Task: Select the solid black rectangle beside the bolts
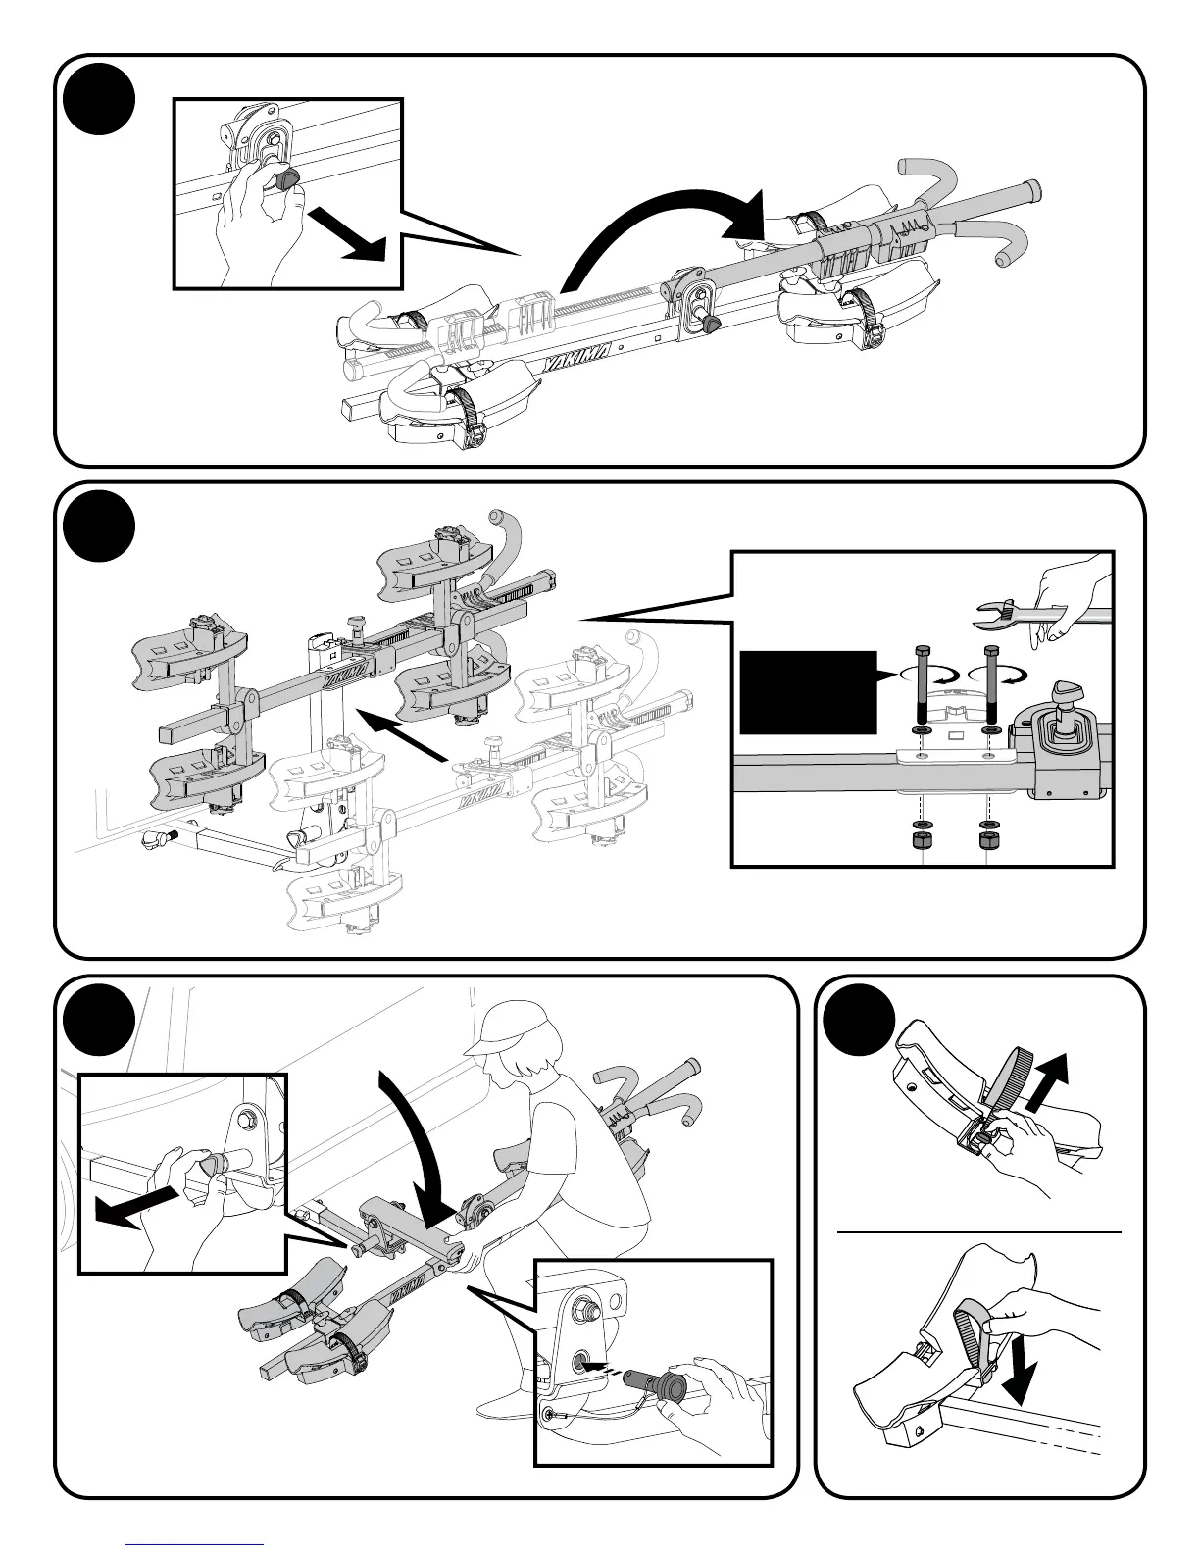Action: [x=807, y=691]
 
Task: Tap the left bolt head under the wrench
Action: [x=921, y=653]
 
